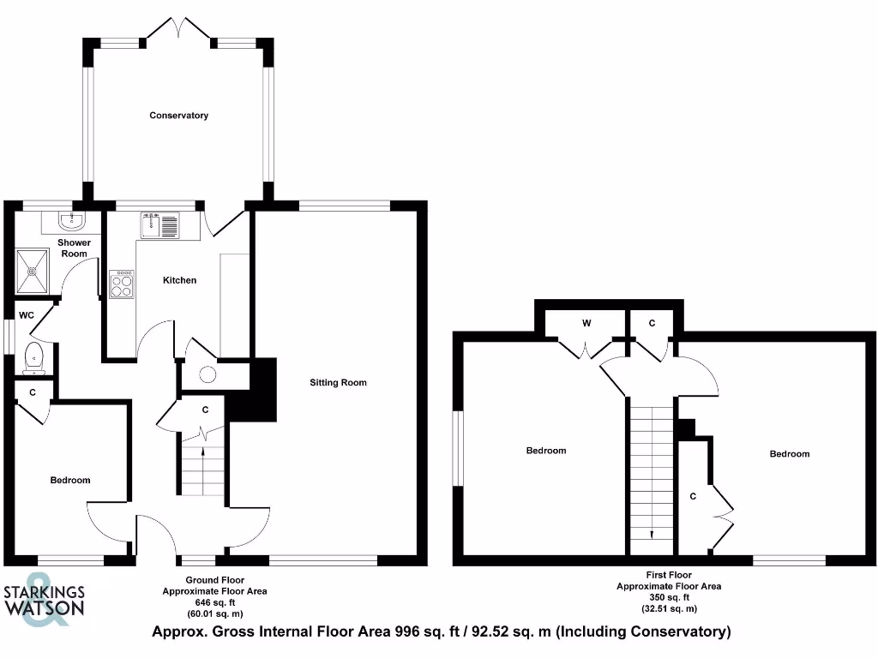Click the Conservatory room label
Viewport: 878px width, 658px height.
pyautogui.click(x=178, y=115)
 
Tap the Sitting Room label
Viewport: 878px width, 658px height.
pyautogui.click(x=338, y=382)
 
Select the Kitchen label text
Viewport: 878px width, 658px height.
pyautogui.click(x=180, y=280)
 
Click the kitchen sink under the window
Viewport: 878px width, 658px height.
pyautogui.click(x=159, y=224)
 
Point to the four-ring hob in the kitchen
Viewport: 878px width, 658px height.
pyautogui.click(x=122, y=284)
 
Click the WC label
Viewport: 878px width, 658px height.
pyautogui.click(x=27, y=315)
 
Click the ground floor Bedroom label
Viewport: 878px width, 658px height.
pyautogui.click(x=69, y=480)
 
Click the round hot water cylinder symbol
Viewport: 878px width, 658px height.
pyautogui.click(x=207, y=374)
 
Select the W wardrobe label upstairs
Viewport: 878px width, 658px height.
pyautogui.click(x=586, y=323)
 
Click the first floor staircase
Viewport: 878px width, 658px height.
pyautogui.click(x=652, y=471)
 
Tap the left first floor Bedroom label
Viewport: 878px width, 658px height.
pyautogui.click(x=545, y=451)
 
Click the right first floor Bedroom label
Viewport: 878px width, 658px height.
pyautogui.click(x=789, y=453)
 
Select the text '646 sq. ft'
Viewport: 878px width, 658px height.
pyautogui.click(x=214, y=602)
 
